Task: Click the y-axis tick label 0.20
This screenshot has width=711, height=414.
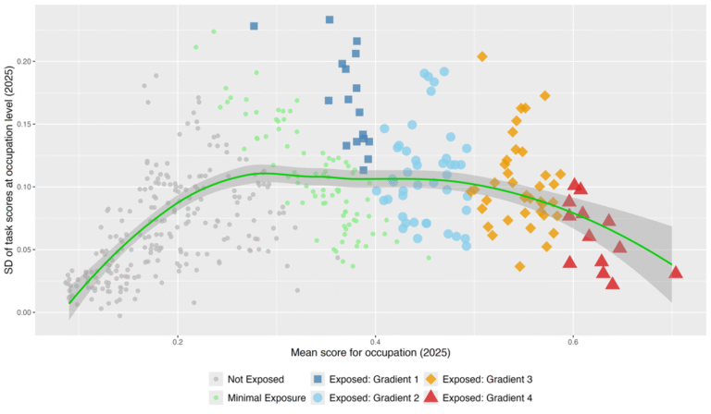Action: tap(25, 61)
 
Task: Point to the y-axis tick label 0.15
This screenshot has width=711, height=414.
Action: tap(25, 124)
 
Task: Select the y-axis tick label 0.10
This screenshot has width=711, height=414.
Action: tap(25, 187)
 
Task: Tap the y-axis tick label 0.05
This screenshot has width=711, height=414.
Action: tap(25, 250)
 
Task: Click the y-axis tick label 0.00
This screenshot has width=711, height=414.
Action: tap(25, 312)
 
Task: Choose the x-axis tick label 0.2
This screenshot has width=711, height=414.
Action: tap(178, 340)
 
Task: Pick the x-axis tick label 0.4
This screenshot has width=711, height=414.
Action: tap(375, 340)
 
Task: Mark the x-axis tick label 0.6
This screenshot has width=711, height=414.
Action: tap(573, 340)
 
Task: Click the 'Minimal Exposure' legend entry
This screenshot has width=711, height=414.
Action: tap(255, 397)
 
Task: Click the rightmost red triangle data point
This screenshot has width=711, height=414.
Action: tap(676, 272)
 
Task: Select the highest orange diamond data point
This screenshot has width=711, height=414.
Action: tap(482, 57)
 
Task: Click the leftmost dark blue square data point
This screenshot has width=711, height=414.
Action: tap(254, 26)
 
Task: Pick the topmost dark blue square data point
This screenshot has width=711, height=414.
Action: tap(330, 19)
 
